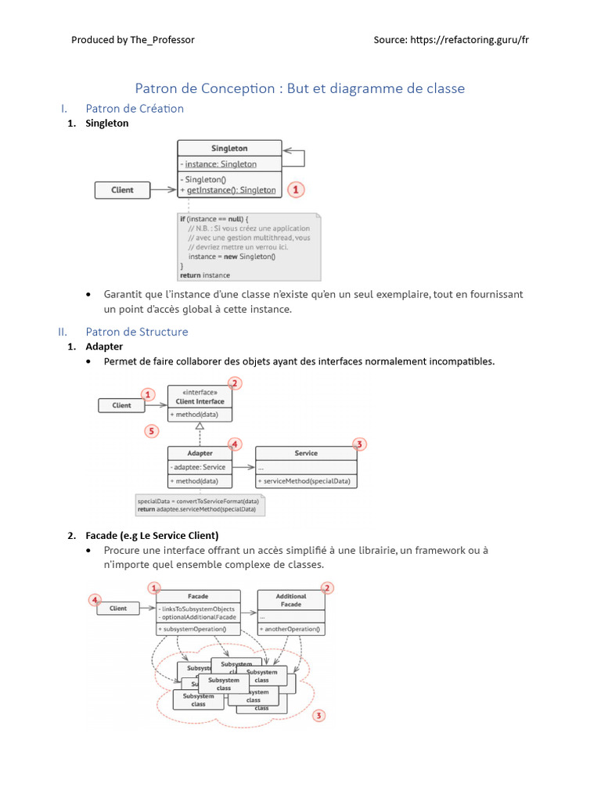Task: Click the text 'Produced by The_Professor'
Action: (133, 40)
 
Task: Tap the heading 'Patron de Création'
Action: (135, 109)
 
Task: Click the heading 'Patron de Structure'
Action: (137, 332)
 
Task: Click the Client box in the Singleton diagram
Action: (122, 189)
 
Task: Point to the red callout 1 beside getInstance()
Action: (295, 189)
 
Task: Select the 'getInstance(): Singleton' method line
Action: (228, 190)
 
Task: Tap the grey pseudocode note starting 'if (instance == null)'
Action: (250, 246)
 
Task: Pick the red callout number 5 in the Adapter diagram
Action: (153, 430)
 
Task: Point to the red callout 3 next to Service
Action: (359, 444)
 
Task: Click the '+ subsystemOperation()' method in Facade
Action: (193, 629)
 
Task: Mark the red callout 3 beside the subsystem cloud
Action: (318, 715)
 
